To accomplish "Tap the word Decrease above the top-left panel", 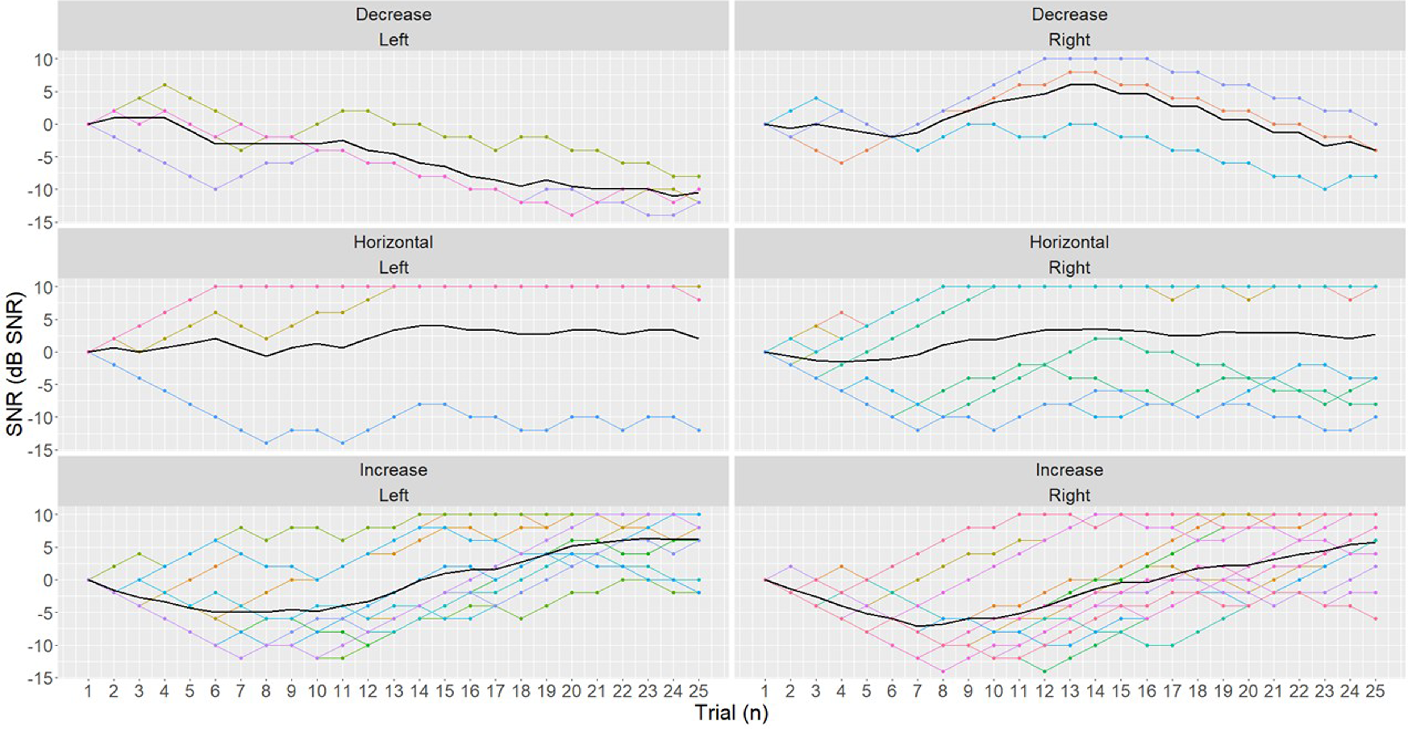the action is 393,14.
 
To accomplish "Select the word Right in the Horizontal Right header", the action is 1069,268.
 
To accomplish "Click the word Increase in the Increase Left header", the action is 393,470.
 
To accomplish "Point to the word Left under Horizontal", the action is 393,268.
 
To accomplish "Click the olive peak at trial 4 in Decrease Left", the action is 164,85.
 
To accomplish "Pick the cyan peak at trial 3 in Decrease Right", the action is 816,98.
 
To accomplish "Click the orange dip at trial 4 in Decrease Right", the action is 841,163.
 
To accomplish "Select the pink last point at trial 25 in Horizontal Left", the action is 698,300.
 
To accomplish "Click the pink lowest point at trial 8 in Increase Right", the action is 942,671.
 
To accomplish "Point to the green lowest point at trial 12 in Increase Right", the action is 1045,671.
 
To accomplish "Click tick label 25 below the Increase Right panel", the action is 1375,692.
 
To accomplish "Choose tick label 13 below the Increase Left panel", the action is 393,692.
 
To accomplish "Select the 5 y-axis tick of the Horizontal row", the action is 48,319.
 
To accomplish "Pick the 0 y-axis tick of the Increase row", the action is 48,580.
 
